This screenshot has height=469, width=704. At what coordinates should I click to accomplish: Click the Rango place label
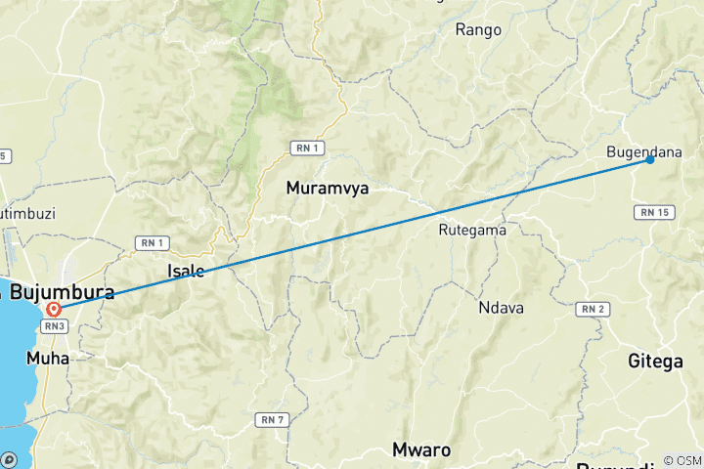point(479,29)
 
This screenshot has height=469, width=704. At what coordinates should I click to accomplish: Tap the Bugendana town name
point(644,151)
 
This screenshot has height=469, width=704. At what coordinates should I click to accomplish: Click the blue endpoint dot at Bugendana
point(650,159)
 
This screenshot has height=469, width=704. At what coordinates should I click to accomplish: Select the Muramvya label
point(328,189)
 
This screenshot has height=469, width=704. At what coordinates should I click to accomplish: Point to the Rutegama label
point(472,231)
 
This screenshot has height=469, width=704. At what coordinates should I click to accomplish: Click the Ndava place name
point(502,308)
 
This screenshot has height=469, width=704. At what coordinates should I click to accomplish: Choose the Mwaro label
point(421,450)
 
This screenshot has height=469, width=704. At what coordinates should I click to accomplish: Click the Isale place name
point(186,271)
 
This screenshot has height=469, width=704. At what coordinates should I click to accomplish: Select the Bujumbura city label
point(61,292)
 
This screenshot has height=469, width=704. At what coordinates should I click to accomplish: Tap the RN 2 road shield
point(595,310)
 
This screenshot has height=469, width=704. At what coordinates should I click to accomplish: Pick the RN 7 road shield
point(272,419)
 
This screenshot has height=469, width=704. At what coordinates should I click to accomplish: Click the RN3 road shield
point(54,324)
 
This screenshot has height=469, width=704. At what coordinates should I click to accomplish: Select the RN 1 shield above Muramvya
point(305,148)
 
